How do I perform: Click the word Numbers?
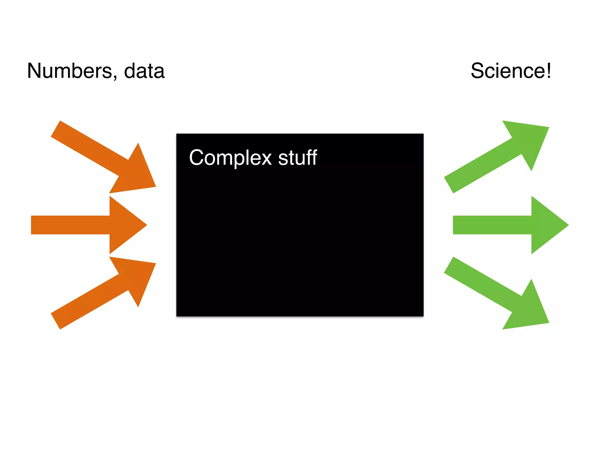[x=70, y=71]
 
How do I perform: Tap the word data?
[x=144, y=71]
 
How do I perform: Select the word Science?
[x=507, y=71]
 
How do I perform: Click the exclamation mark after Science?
[x=548, y=71]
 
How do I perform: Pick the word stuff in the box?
[x=297, y=158]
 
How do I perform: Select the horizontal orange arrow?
[x=88, y=225]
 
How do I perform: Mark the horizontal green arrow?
[x=510, y=225]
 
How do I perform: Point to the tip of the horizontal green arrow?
[x=567, y=225]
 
